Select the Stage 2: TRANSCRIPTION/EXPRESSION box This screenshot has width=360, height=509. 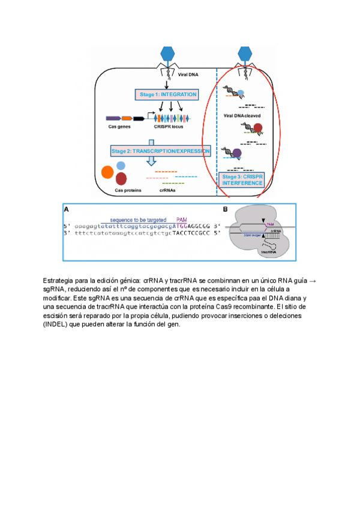coord(161,151)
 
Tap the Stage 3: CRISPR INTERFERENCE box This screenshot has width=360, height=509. coord(242,179)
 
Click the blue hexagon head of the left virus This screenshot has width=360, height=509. coord(166,53)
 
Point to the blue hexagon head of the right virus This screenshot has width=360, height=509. coord(245,53)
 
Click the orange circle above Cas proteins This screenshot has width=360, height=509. coord(108,173)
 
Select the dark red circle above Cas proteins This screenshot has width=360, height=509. coord(121,178)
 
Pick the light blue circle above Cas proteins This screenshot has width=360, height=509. coord(121,165)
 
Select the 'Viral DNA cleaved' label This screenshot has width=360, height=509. coord(243,114)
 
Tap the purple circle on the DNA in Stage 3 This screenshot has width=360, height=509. coord(236,154)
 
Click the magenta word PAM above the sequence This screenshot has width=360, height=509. coord(184,220)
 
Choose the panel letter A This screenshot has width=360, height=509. coord(66,209)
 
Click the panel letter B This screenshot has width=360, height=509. coord(225,209)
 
